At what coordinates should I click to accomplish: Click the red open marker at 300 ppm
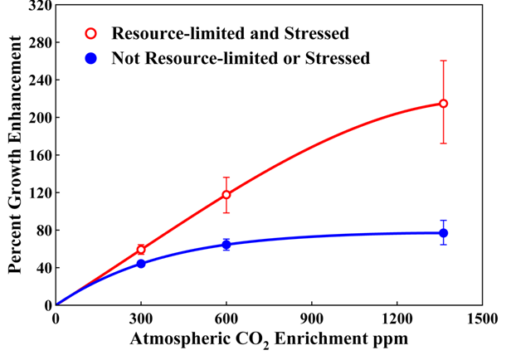tap(141, 250)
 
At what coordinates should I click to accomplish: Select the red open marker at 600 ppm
tap(226, 195)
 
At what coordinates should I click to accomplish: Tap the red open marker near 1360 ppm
tap(444, 104)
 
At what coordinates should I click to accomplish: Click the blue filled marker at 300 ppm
tap(141, 264)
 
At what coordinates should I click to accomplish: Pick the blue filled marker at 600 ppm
tap(226, 245)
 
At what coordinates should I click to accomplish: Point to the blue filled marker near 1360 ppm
tap(444, 233)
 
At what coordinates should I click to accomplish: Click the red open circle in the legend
tap(91, 34)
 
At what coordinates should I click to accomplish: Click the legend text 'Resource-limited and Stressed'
tap(231, 34)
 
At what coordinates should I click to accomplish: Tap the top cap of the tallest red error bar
tap(444, 61)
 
